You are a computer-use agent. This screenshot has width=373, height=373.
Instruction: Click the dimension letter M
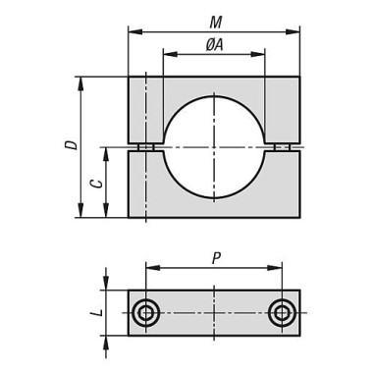[x=216, y=23]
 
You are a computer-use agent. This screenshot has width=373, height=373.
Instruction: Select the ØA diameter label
[x=214, y=44]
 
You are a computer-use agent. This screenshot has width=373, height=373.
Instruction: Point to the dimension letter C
[x=96, y=184]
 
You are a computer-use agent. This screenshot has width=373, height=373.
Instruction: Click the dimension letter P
[x=216, y=258]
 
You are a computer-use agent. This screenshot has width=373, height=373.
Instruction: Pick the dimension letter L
[x=97, y=313]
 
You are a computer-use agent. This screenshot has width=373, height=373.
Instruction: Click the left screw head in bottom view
[x=145, y=313]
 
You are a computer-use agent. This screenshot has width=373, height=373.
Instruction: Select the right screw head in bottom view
[x=282, y=313]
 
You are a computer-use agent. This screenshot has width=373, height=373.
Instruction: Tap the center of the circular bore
[x=214, y=147]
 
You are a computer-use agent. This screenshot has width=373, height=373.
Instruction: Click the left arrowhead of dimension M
[x=135, y=31]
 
